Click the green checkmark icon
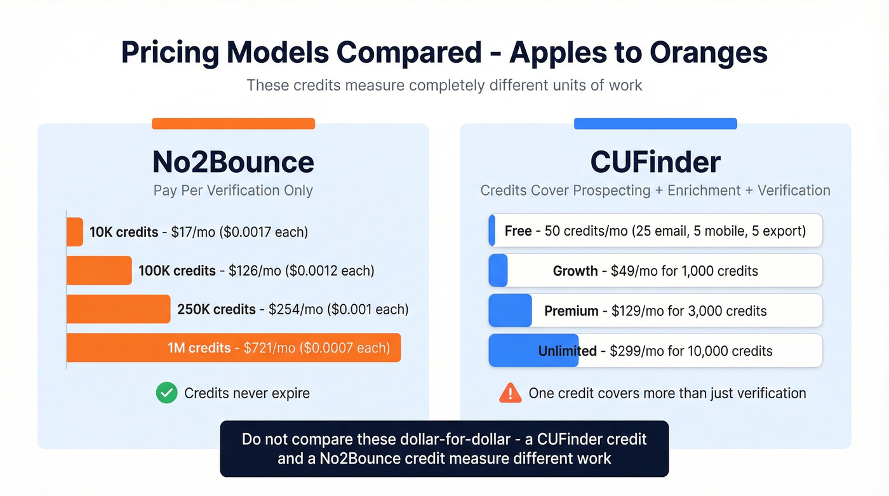166,393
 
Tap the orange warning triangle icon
511,393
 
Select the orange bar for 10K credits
75,232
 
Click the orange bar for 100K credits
99,271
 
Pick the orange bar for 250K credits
119,309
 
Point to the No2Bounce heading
233,162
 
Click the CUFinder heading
655,162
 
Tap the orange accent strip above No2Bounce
233,124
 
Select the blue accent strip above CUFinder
655,124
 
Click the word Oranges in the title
705,53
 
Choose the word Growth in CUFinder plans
575,271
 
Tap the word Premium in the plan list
571,311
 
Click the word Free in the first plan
518,231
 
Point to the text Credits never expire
247,393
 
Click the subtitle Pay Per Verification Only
233,191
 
